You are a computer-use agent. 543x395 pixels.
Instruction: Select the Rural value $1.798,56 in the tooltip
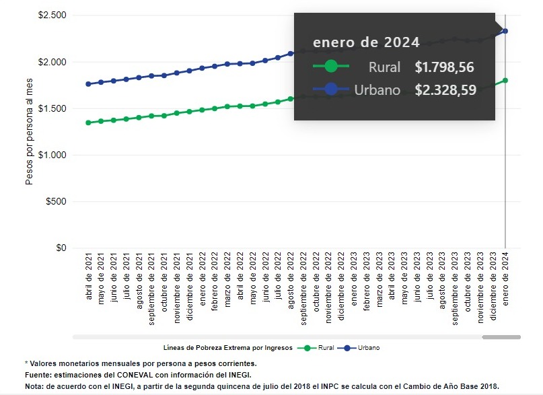[445, 67]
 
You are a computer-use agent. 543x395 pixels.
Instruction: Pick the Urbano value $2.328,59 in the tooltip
[445, 89]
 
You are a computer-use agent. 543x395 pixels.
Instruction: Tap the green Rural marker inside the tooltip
[330, 67]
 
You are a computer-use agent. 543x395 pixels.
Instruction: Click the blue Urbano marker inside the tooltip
[330, 89]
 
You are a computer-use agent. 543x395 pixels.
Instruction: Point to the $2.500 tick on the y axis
[52, 15]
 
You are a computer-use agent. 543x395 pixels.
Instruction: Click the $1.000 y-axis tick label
[52, 155]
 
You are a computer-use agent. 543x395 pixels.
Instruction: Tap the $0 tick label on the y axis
[61, 248]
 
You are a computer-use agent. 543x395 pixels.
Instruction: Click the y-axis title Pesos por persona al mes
[29, 132]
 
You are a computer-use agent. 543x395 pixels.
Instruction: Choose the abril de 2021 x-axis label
[89, 278]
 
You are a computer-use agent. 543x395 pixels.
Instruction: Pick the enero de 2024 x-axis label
[505, 277]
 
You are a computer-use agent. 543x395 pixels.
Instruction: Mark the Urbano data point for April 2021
[89, 84]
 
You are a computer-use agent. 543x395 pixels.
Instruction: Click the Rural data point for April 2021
[89, 122]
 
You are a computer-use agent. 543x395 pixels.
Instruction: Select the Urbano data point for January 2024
[505, 31]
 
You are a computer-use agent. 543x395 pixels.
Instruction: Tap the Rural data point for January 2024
[505, 81]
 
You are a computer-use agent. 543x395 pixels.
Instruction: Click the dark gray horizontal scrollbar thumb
[501, 336]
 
